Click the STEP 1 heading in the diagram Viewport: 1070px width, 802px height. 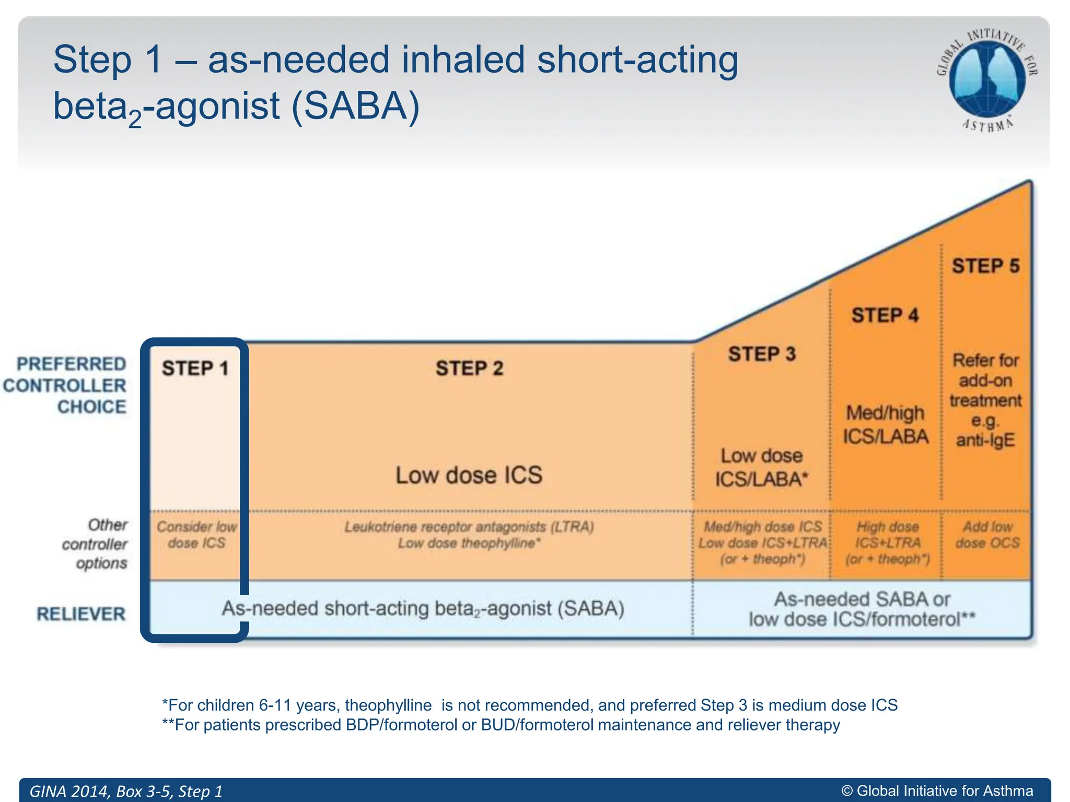195,369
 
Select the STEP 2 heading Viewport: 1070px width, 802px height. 469,369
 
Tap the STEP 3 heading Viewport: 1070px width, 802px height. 762,355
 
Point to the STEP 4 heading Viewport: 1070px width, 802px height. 885,315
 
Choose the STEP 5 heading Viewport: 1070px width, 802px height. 985,266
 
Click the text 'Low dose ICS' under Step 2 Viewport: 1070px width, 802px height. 469,475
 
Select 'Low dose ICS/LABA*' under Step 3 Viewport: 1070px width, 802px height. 761,468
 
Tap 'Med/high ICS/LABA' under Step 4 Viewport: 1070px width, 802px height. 885,424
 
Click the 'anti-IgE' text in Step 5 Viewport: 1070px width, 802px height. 985,440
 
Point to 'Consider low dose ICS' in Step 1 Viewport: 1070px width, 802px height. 196,535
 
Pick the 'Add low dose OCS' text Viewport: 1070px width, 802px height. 987,535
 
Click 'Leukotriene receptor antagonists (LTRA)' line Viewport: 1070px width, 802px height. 469,527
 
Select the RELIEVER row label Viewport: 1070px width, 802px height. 81,614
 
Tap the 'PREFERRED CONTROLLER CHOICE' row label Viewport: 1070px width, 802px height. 65,385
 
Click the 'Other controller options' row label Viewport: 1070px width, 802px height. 95,544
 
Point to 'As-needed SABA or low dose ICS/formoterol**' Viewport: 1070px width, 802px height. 862,609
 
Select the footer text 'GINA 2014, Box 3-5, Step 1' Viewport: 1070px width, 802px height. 126,791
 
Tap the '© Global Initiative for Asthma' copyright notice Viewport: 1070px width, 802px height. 937,791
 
